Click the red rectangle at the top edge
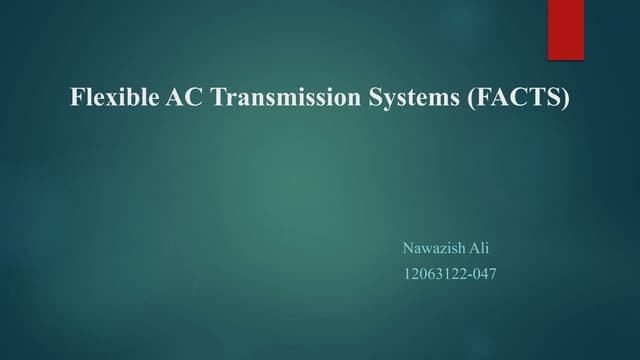(x=563, y=28)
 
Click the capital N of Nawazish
(x=406, y=246)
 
